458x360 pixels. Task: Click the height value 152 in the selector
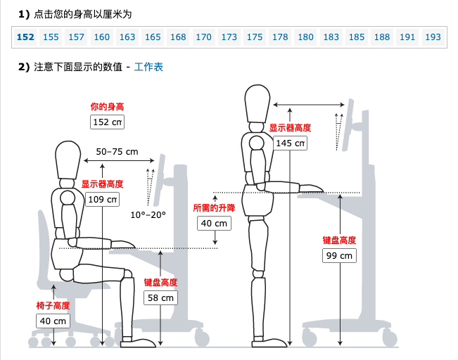tap(25, 37)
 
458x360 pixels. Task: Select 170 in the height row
tap(203, 37)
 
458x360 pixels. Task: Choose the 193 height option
tap(433, 37)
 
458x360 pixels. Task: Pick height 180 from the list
tap(305, 37)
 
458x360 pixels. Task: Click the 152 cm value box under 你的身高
tap(107, 122)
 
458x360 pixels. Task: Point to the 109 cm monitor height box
tap(102, 199)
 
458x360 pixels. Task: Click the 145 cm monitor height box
tap(290, 143)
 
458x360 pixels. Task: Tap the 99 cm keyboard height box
tap(338, 255)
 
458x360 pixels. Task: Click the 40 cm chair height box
tap(53, 321)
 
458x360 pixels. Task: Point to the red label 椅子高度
tap(53, 306)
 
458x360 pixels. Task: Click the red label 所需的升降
tap(214, 208)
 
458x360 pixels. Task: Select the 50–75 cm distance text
tap(117, 152)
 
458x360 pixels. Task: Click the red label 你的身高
tap(107, 107)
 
